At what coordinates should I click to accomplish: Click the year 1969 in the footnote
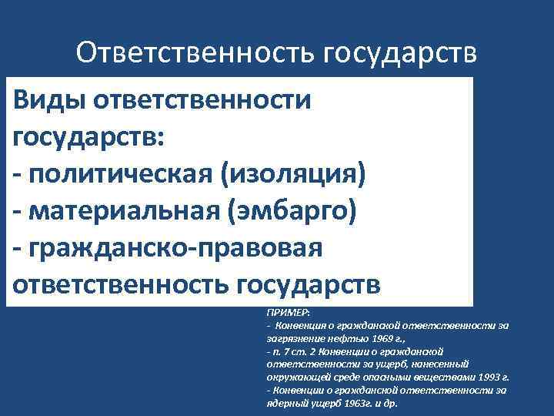click(384, 339)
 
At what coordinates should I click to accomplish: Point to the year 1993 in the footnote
click(489, 377)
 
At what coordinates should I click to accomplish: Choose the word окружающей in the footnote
click(296, 377)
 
